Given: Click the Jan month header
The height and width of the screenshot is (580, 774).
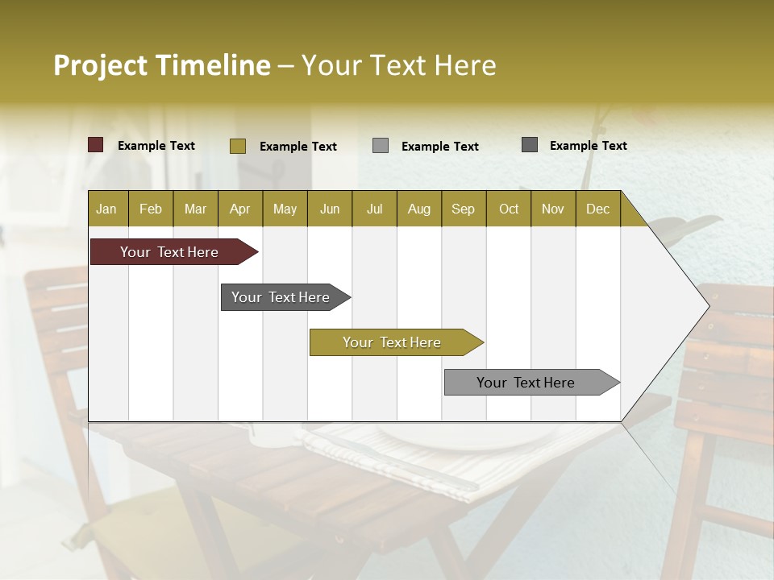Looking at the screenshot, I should click(x=106, y=209).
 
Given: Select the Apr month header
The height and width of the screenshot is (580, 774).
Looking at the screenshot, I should click(x=239, y=209).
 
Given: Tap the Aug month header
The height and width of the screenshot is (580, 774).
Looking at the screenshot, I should click(x=418, y=209).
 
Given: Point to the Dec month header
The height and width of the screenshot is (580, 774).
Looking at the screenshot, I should click(x=597, y=209).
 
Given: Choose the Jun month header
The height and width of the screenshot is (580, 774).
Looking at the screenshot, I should click(x=329, y=209).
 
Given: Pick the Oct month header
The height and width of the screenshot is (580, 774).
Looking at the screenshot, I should click(x=508, y=209).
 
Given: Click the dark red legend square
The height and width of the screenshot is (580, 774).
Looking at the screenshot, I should click(x=95, y=145).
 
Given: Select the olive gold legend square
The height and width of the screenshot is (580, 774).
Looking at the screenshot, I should click(x=237, y=146).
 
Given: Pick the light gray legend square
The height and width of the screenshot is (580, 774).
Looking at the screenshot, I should click(x=380, y=146).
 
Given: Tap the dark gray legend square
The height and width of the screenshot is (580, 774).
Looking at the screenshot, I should click(x=529, y=145).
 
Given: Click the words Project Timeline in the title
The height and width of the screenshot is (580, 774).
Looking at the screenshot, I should click(x=161, y=65).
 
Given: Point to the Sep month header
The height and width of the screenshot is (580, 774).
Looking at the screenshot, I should click(x=463, y=209).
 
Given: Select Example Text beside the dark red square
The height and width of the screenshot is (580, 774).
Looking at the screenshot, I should click(x=156, y=146).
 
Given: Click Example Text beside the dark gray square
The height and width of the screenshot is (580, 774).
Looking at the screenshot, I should click(x=588, y=146).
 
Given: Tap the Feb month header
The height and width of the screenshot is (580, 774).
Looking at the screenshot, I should click(x=150, y=209).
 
